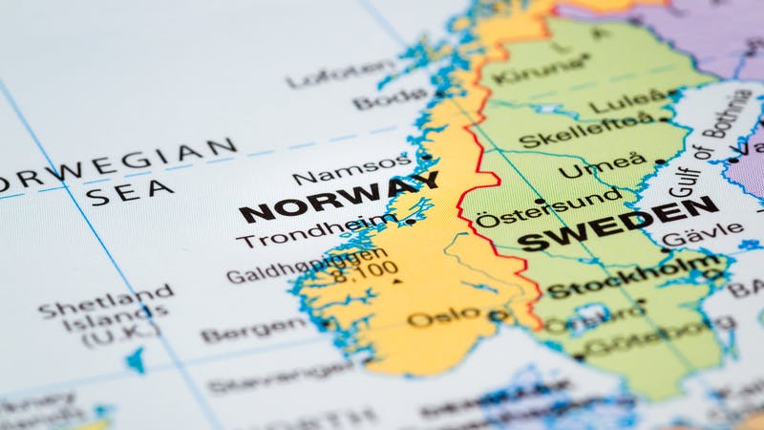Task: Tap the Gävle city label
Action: [702, 236]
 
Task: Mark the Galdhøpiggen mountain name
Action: [308, 269]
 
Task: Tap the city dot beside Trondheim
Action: [411, 222]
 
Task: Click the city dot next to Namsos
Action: [426, 158]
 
